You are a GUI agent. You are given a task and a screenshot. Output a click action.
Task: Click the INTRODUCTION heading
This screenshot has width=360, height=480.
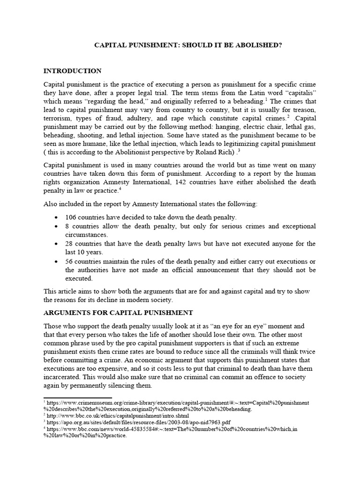click(72, 71)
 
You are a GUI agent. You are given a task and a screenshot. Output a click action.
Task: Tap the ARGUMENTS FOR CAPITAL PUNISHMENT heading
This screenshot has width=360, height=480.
click(118, 313)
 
